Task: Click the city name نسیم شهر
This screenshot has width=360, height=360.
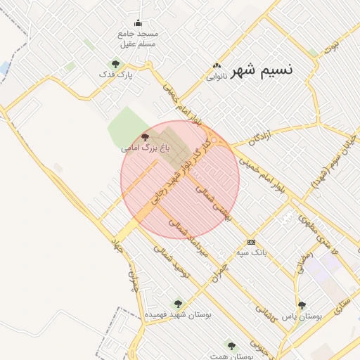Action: pos(261,70)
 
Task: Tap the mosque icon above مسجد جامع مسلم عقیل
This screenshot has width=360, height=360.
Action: pos(138,22)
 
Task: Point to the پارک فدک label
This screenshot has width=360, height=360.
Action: pos(116,74)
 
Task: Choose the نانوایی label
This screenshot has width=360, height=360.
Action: pos(216,77)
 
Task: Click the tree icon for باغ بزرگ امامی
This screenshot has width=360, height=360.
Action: pos(145,136)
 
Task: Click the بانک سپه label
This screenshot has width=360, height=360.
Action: pos(251,252)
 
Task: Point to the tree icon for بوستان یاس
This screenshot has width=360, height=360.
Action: pos(302,305)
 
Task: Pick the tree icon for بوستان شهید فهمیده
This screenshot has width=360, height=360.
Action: pos(178,304)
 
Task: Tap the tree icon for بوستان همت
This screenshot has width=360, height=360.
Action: pos(231,345)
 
